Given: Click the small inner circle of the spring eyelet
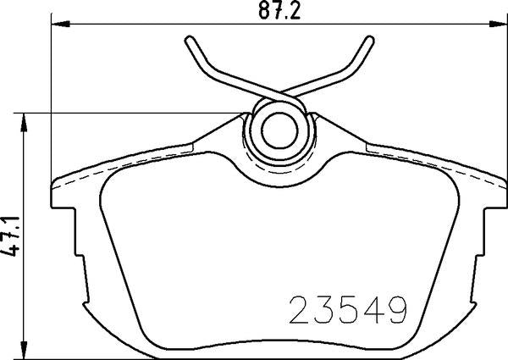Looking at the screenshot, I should [x=274, y=130].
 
